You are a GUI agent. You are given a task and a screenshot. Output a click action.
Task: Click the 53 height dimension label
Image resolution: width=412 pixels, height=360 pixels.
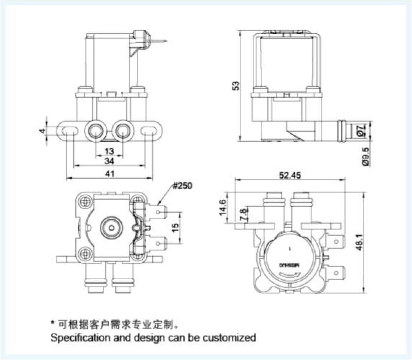pyautogui.click(x=236, y=86)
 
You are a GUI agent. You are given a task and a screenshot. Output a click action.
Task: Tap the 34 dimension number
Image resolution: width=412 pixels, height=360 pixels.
pyautogui.click(x=110, y=161)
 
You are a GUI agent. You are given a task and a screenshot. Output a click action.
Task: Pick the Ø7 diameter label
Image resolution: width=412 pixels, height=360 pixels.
pyautogui.click(x=366, y=130)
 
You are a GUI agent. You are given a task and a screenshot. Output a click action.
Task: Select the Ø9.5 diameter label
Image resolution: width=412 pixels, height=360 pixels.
pyautogui.click(x=366, y=157)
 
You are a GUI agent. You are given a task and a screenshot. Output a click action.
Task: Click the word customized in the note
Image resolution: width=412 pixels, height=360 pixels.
pyautogui.click(x=229, y=338)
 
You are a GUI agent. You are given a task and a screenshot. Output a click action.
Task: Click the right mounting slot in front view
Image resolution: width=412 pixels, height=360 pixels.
pyautogui.click(x=149, y=130)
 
